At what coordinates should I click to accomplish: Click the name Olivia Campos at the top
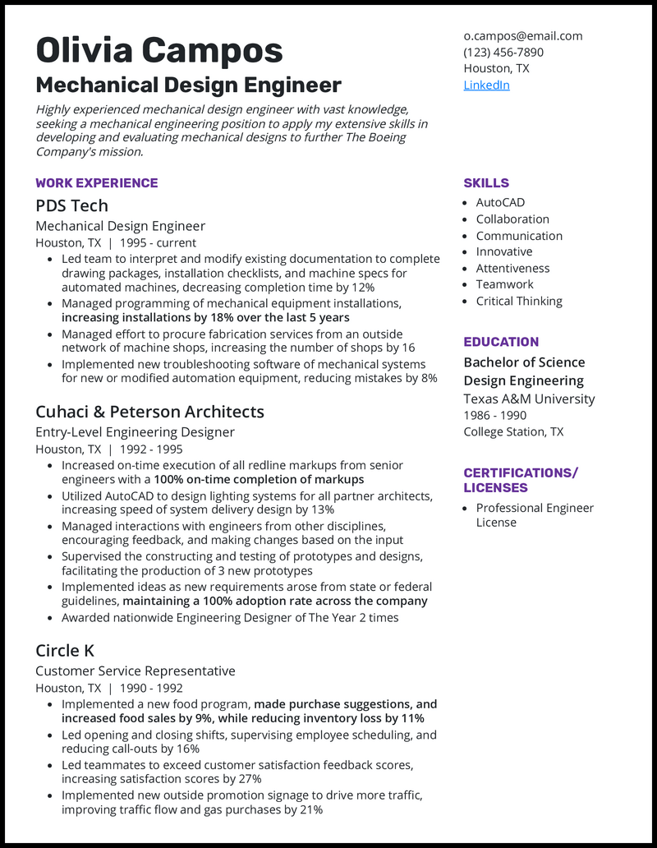(159, 51)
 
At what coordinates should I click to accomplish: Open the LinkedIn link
(486, 85)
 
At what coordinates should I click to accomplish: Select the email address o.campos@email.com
(522, 35)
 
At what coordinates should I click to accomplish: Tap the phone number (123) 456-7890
(503, 52)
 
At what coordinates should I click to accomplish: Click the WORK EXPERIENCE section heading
(97, 182)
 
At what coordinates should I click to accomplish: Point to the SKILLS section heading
(486, 182)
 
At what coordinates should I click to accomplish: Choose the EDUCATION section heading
(501, 341)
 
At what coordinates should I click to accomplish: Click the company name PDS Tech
(71, 205)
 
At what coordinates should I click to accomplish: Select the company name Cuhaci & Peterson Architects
(149, 412)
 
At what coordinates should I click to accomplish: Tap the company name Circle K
(65, 651)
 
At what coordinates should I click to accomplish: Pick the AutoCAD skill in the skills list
(500, 202)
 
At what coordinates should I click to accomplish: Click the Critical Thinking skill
(519, 301)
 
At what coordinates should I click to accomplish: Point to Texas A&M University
(529, 399)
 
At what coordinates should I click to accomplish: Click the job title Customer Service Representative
(136, 671)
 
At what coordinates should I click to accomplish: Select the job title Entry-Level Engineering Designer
(135, 432)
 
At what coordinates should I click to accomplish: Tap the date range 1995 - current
(158, 242)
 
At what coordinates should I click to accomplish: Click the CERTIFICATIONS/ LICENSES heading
(521, 480)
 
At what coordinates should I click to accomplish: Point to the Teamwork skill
(504, 284)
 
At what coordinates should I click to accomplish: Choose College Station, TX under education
(513, 431)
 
